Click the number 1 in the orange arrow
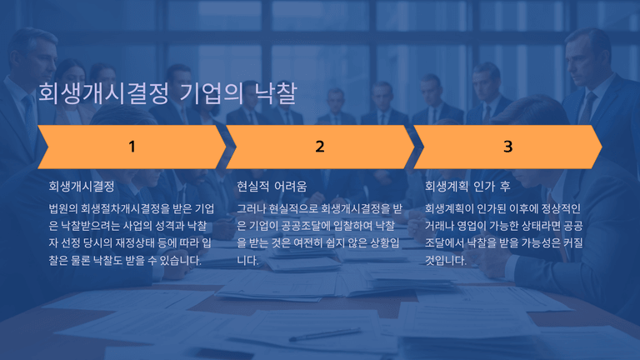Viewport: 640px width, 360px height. pyautogui.click(x=132, y=147)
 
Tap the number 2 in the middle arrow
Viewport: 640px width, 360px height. pyautogui.click(x=320, y=147)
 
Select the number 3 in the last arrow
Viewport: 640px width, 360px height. pyautogui.click(x=507, y=147)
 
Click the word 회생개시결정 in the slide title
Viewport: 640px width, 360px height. pyautogui.click(x=103, y=93)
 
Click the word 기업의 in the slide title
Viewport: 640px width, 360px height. pyautogui.click(x=212, y=93)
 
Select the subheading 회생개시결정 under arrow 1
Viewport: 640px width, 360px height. pyautogui.click(x=82, y=187)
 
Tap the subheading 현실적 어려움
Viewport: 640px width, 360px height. pyautogui.click(x=272, y=187)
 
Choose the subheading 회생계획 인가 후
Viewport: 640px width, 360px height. pyautogui.click(x=467, y=187)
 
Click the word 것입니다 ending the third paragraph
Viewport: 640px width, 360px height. pyautogui.click(x=445, y=260)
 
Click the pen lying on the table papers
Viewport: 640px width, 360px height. pyautogui.click(x=325, y=334)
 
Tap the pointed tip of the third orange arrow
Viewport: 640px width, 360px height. pyautogui.click(x=602, y=147)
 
